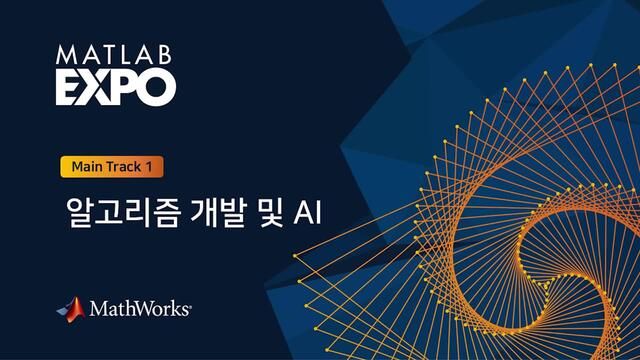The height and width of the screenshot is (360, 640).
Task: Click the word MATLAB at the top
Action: (115, 55)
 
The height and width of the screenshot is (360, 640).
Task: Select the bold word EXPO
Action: (115, 86)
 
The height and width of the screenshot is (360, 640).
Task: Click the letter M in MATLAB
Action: (66, 55)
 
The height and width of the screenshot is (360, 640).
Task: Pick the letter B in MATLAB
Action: (166, 55)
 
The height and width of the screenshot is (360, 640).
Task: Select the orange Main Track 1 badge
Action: (111, 166)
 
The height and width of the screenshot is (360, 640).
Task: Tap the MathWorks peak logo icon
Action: (70, 309)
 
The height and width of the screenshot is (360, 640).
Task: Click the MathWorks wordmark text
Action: (139, 310)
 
